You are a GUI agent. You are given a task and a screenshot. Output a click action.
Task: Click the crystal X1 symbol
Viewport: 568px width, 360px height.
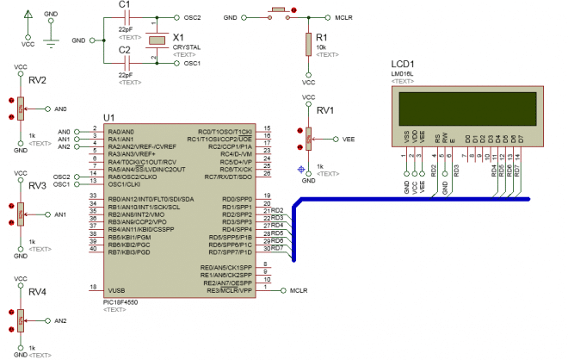click(x=155, y=40)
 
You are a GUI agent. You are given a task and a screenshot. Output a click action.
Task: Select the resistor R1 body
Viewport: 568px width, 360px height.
click(x=308, y=45)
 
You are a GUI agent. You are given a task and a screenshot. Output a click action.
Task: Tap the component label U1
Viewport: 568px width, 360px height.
click(x=108, y=118)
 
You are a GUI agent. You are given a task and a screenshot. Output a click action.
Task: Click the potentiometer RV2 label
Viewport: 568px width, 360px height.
click(x=36, y=80)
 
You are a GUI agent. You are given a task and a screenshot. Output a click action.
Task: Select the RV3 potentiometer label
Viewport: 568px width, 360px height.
click(x=36, y=185)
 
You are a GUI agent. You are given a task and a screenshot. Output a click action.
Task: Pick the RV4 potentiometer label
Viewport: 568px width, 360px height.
click(x=36, y=292)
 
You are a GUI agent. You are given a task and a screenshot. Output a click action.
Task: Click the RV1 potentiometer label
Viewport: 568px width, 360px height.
click(x=324, y=110)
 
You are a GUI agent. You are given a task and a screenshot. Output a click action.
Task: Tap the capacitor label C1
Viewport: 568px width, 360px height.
click(x=125, y=4)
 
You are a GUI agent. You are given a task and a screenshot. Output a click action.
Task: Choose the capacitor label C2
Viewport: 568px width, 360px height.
click(x=125, y=51)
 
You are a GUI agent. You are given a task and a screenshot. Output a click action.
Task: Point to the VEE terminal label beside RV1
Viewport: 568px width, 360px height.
click(x=349, y=137)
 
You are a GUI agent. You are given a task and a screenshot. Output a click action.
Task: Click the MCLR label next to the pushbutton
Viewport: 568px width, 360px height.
click(x=345, y=17)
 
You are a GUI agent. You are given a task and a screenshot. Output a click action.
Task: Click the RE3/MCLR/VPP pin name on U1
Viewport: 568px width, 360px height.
click(x=228, y=289)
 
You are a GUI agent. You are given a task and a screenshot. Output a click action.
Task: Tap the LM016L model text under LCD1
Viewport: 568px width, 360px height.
click(x=403, y=75)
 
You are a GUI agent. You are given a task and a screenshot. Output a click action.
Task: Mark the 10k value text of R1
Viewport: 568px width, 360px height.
click(x=322, y=47)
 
